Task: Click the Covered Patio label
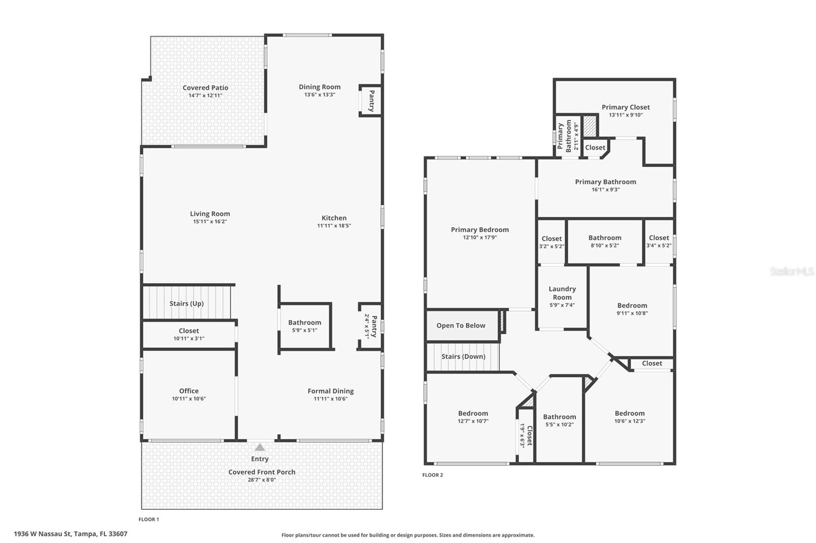(206, 88)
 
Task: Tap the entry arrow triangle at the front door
(260, 447)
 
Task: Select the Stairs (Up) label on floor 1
(187, 304)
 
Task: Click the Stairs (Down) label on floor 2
(463, 357)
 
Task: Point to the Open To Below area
(461, 325)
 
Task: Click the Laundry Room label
(562, 293)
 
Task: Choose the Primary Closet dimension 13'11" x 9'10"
(625, 115)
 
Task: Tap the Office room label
(189, 391)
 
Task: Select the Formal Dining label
(330, 391)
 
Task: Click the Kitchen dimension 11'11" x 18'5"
(334, 226)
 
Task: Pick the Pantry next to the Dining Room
(371, 101)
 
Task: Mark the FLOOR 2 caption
(432, 475)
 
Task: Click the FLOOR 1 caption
(149, 520)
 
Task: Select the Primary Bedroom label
(479, 230)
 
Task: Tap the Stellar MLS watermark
(792, 271)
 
